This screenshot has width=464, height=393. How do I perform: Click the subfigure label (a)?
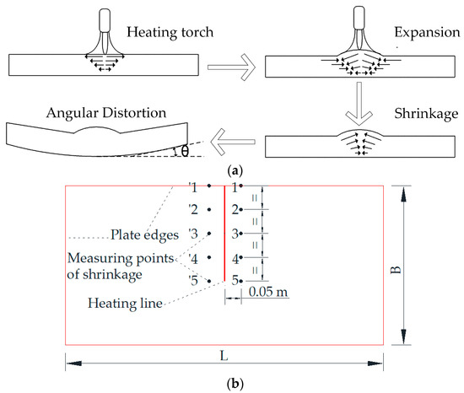(x=232, y=170)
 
